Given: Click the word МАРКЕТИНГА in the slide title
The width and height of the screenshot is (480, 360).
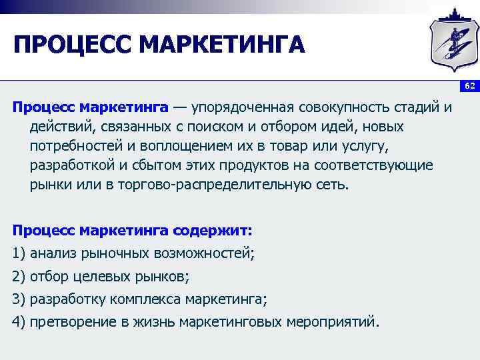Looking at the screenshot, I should coord(223,46).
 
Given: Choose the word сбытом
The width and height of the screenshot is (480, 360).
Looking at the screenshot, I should coord(154,165).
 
